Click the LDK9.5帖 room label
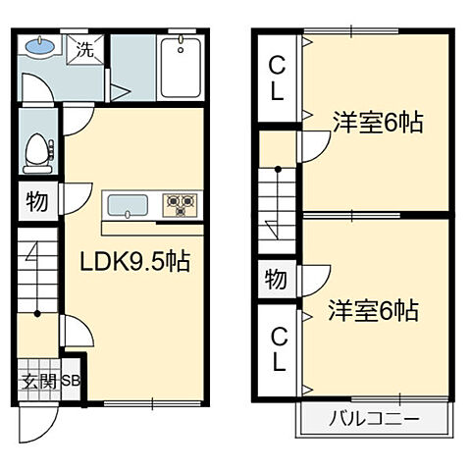point(134,263)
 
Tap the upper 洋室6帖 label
point(377,123)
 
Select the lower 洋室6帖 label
point(374,311)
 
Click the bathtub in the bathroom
point(181,68)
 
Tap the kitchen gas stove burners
point(180,204)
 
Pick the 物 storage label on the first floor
point(37,203)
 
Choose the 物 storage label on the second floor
point(276,280)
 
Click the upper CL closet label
point(278,80)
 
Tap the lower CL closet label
point(278,350)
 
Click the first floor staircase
point(37,285)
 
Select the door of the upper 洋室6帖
point(312,147)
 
